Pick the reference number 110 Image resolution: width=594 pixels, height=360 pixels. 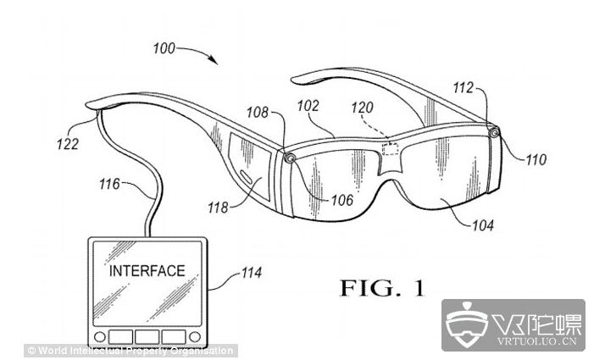pyautogui.click(x=536, y=158)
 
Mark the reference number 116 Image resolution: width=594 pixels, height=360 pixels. pyautogui.click(x=110, y=182)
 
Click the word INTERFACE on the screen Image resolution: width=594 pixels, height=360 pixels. pyautogui.click(x=147, y=271)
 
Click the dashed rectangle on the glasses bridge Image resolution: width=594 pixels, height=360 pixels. pyautogui.click(x=391, y=149)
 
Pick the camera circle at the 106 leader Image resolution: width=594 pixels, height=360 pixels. pyautogui.click(x=290, y=158)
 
